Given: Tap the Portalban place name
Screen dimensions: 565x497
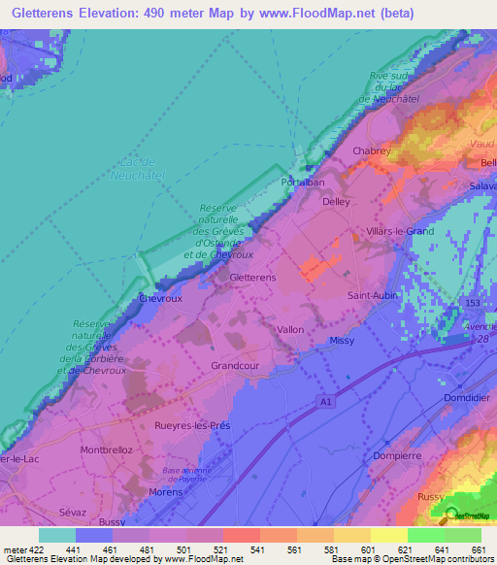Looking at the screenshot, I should coord(301,182).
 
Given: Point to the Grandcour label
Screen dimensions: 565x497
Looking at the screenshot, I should coord(233,366).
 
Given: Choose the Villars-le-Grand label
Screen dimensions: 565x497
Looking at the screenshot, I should coord(401,231).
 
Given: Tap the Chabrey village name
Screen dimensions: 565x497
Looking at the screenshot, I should coord(372,150).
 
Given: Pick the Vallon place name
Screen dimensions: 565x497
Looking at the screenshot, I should coord(290,330).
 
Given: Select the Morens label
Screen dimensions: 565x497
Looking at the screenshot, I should coord(166,492).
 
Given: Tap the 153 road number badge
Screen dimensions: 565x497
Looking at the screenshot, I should coord(473,304).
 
